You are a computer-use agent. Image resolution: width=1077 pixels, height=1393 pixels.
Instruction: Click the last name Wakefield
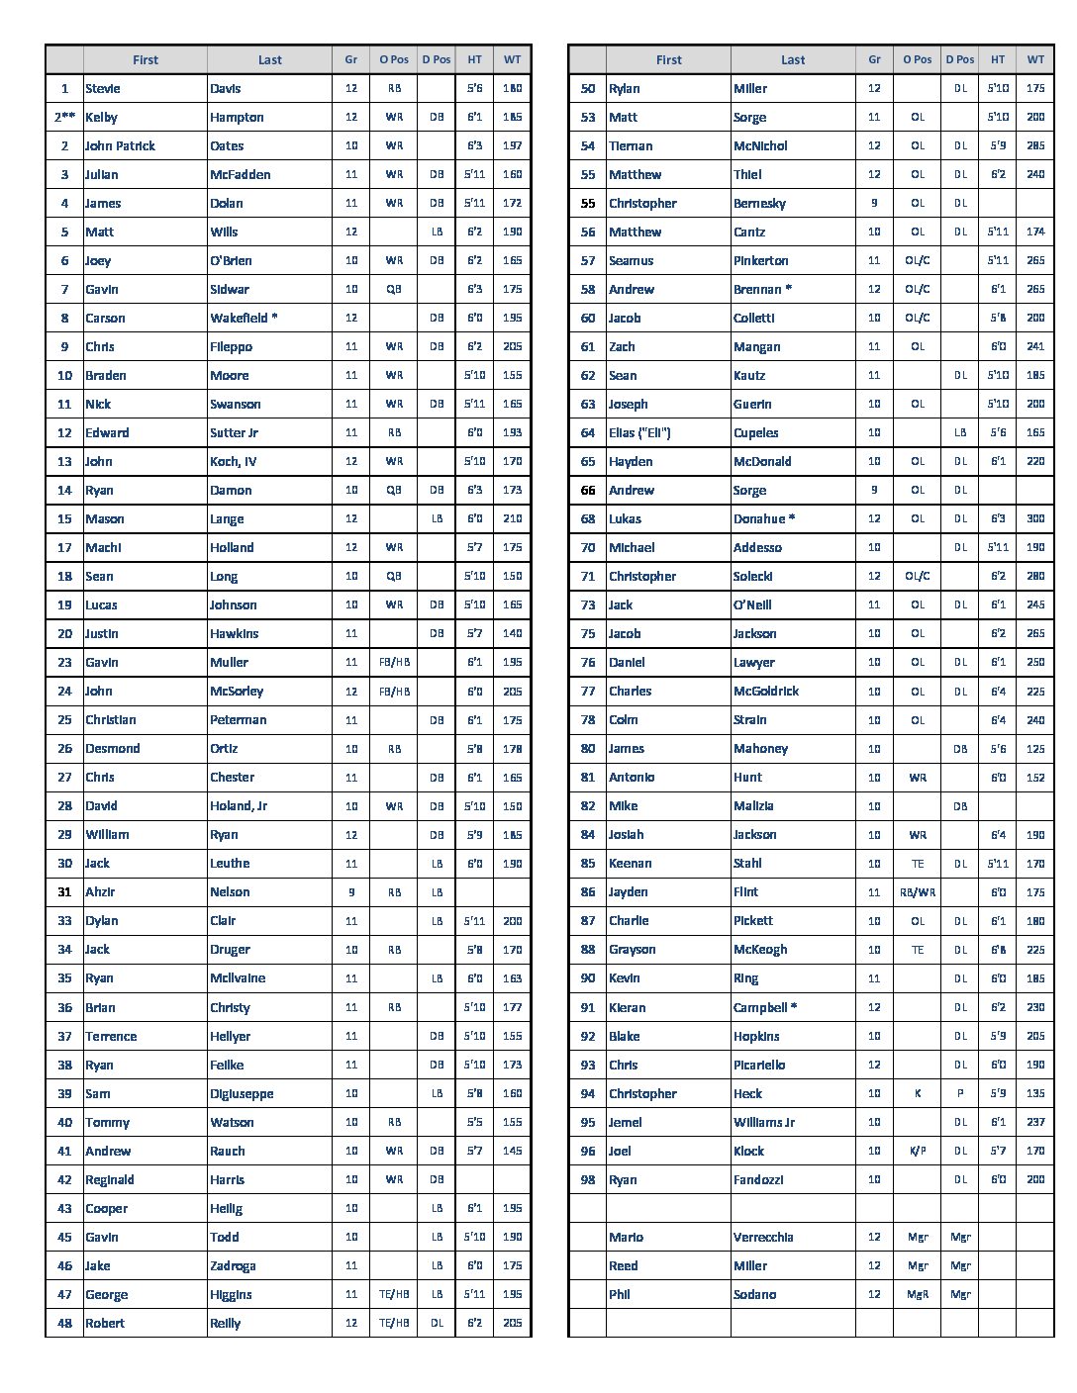(x=244, y=318)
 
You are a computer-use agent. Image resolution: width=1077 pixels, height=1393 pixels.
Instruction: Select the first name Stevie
(x=103, y=88)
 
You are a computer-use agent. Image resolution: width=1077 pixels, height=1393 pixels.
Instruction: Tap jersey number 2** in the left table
(x=64, y=117)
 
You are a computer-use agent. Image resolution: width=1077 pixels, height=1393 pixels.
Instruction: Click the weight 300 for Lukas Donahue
(x=1034, y=518)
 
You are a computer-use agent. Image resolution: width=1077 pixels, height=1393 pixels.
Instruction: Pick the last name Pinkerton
(x=761, y=260)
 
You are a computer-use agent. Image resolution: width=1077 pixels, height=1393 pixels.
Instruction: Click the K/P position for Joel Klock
(x=918, y=1151)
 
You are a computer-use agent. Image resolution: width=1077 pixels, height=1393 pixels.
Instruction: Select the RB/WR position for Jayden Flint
(x=918, y=891)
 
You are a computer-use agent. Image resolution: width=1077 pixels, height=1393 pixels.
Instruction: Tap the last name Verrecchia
(x=763, y=1237)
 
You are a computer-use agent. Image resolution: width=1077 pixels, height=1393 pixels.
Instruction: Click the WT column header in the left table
(x=512, y=59)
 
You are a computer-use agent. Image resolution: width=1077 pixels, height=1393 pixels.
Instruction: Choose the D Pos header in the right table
(x=960, y=59)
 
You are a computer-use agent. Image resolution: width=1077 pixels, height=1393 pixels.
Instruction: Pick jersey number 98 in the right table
(x=588, y=1179)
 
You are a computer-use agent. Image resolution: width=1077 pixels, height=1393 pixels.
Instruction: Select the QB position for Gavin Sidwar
(x=394, y=289)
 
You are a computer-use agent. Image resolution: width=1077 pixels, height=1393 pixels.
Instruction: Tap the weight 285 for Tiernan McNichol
(x=1034, y=145)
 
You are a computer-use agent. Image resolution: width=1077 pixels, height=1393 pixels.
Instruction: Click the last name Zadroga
(x=233, y=1265)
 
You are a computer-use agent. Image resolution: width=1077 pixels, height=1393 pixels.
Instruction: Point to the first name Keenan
(x=631, y=863)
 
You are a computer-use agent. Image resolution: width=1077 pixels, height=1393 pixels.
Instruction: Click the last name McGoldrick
(x=766, y=691)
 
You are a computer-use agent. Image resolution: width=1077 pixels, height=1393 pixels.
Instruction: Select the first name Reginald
(x=110, y=1179)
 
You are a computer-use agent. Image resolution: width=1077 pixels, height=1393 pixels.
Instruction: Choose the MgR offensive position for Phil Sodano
(x=918, y=1294)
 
